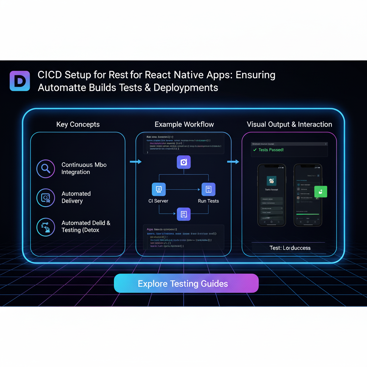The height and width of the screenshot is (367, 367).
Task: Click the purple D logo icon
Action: [20, 81]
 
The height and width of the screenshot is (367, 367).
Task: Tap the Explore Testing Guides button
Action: [186, 284]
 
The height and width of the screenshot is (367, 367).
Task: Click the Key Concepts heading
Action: [78, 124]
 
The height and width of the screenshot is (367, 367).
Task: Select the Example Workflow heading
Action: [184, 124]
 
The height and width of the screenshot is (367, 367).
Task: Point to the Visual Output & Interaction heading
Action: [289, 124]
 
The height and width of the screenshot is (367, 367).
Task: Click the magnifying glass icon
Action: [46, 168]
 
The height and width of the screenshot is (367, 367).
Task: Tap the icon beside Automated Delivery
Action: [46, 197]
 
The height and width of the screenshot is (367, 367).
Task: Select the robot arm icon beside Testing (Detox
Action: [46, 227]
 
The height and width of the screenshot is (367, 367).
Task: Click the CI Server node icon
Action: [158, 189]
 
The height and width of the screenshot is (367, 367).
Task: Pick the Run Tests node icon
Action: [208, 189]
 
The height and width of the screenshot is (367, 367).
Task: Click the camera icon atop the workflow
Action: [183, 162]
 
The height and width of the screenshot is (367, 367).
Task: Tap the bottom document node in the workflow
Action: [183, 214]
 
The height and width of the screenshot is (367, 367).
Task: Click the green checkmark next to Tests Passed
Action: [254, 150]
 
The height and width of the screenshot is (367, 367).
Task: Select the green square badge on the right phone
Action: [320, 191]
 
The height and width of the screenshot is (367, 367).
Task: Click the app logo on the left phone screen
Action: [272, 181]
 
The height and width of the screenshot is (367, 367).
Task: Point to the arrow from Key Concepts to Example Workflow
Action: [135, 162]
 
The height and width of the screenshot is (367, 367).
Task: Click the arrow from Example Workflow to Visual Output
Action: [233, 162]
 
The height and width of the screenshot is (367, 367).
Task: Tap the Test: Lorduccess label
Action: [290, 248]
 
